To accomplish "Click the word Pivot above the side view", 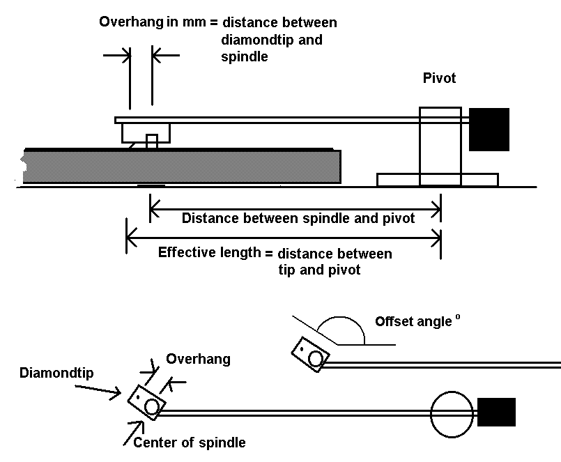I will click(x=439, y=78).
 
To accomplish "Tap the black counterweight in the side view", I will click(x=489, y=130).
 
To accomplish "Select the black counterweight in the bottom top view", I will click(x=496, y=412).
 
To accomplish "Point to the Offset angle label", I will click(x=414, y=322).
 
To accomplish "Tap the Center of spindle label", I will click(x=189, y=442).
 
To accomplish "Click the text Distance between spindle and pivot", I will click(x=298, y=218).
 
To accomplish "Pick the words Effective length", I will click(x=209, y=252).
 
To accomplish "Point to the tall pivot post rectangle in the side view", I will click(x=440, y=146).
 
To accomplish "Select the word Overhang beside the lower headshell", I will click(x=198, y=360).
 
